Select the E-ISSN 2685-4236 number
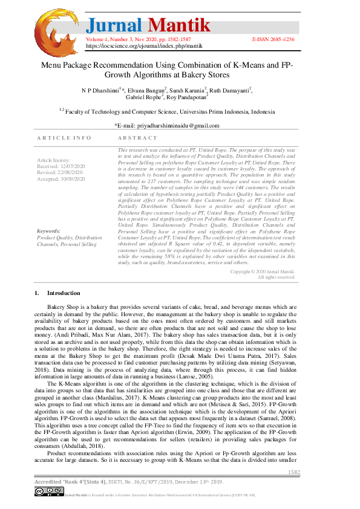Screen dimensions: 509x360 [x=273, y=39]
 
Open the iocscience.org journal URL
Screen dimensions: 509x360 [x=143, y=45]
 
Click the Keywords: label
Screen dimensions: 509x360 [x=48, y=231]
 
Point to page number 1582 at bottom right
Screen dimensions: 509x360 [x=293, y=472]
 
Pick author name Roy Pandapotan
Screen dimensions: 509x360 [x=186, y=97]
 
